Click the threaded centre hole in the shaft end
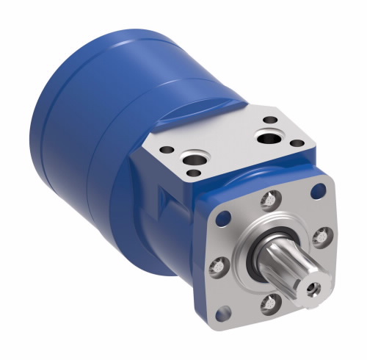coord(315,288)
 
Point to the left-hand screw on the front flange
coord(217,264)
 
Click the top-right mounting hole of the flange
coord(318,192)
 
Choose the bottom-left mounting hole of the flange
coord(225,314)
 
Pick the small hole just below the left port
coord(193,173)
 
